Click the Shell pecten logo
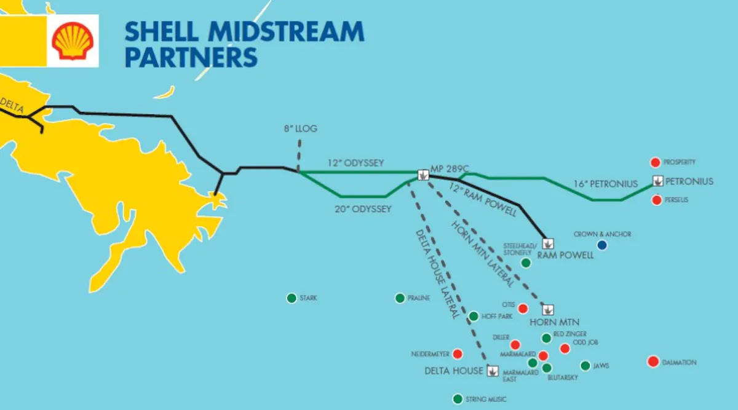point(73,41)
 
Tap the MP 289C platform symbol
point(423,174)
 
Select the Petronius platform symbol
point(658,181)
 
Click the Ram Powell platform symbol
point(547,243)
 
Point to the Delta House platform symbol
point(493,371)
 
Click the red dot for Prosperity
point(655,162)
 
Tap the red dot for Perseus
point(657,200)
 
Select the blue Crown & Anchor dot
point(602,245)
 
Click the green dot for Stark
point(292,298)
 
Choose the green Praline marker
point(400,298)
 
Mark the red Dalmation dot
point(653,361)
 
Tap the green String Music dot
point(458,399)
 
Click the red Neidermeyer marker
point(458,353)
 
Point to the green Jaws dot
point(585,366)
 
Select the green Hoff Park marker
point(474,317)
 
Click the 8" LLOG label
point(300,128)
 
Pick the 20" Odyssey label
point(363,209)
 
